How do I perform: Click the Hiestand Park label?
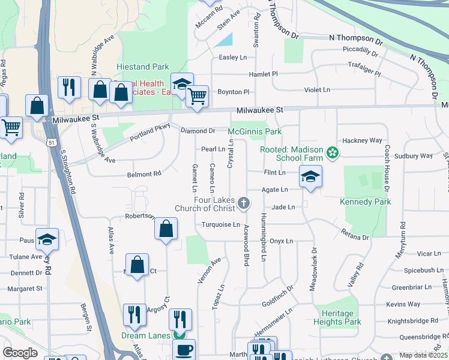coord(143,67)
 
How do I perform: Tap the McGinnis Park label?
coord(255,131)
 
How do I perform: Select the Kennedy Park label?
coord(365,202)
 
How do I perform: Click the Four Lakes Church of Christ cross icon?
coord(244,203)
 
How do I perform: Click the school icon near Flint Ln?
coord(310,176)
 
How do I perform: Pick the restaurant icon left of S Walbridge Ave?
coord(70,88)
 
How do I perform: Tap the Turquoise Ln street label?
coord(220,224)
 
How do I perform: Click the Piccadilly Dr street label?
coord(360,50)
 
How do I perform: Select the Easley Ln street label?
coord(233,58)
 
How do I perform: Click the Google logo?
coord(20,352)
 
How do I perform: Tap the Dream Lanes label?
coord(146,335)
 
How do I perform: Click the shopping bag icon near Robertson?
coord(166,229)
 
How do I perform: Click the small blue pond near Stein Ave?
coord(224,41)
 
